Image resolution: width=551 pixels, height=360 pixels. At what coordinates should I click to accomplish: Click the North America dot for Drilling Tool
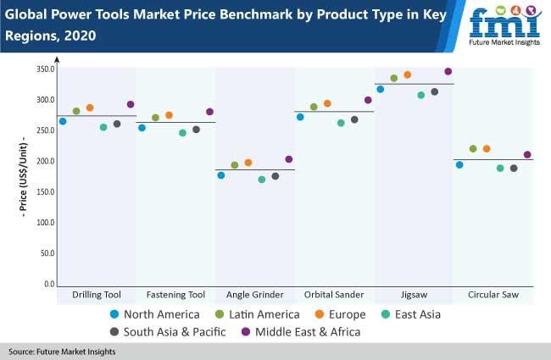[x=63, y=121]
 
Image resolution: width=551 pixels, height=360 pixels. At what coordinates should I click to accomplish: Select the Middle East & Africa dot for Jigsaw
[x=448, y=71]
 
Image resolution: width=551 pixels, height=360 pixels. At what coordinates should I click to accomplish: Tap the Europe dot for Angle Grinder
[x=248, y=163]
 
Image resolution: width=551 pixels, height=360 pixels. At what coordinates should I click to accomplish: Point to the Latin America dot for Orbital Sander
[x=314, y=107]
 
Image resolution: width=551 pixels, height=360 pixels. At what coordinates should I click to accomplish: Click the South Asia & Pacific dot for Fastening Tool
[x=196, y=130]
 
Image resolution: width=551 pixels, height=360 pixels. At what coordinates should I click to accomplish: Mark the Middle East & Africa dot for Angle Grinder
[x=289, y=159]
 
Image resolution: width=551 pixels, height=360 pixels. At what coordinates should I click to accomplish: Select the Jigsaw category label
[x=415, y=295]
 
